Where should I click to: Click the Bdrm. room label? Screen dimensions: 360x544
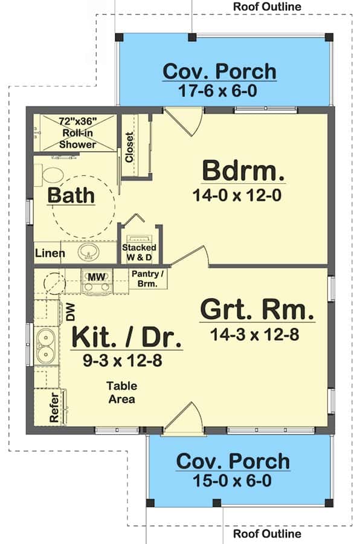pyautogui.click(x=243, y=170)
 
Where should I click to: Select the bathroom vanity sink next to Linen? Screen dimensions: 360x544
pyautogui.click(x=88, y=251)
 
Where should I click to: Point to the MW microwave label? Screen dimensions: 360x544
pyautogui.click(x=97, y=277)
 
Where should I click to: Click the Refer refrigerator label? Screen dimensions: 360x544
pyautogui.click(x=54, y=407)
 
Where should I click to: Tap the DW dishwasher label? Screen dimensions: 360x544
pyautogui.click(x=71, y=311)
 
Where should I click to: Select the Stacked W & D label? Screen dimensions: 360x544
pyautogui.click(x=139, y=252)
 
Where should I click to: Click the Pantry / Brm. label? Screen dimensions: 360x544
pyautogui.click(x=147, y=279)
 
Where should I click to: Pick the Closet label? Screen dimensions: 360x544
pyautogui.click(x=129, y=147)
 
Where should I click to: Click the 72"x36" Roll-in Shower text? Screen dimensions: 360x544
pyautogui.click(x=78, y=133)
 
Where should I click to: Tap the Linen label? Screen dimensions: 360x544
pyautogui.click(x=50, y=253)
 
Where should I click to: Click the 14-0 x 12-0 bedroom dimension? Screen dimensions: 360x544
pyautogui.click(x=237, y=195)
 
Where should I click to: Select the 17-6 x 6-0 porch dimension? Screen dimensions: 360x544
pyautogui.click(x=217, y=91)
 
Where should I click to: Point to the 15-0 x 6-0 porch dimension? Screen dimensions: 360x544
pyautogui.click(x=232, y=481)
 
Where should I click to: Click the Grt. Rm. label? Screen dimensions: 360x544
pyautogui.click(x=257, y=310)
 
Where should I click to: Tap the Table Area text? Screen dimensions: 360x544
pyautogui.click(x=121, y=392)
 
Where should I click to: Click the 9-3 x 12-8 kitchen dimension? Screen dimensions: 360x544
pyautogui.click(x=123, y=361)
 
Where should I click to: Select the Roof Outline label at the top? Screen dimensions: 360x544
pyautogui.click(x=267, y=6)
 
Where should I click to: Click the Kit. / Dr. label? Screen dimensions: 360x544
pyautogui.click(x=127, y=337)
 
